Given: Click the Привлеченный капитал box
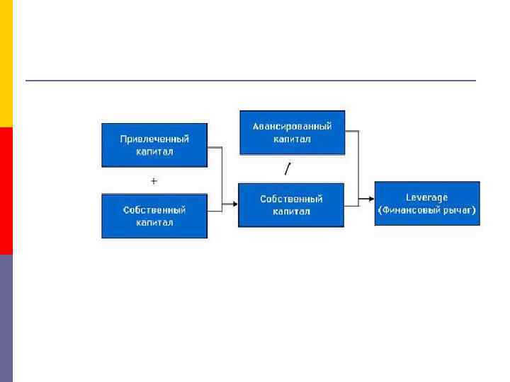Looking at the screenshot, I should click(154, 145).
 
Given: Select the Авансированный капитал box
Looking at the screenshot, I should click(293, 132).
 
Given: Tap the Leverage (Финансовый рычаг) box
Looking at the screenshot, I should click(427, 204).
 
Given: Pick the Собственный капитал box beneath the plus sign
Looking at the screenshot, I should click(154, 216).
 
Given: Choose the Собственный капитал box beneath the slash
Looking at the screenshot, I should click(291, 205).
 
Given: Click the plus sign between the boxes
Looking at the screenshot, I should click(154, 181).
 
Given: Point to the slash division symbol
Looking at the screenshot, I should click(287, 168).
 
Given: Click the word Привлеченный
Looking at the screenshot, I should click(154, 139).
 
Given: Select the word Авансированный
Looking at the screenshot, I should click(293, 127).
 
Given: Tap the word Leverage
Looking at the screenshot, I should click(427, 197).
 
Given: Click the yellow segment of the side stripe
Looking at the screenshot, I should click(6, 64).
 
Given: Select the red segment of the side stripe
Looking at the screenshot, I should click(6, 191).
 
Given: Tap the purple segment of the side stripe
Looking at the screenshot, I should click(6, 318).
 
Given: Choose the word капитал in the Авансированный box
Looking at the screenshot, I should click(293, 139).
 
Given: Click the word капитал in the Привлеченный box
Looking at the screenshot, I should click(154, 152).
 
